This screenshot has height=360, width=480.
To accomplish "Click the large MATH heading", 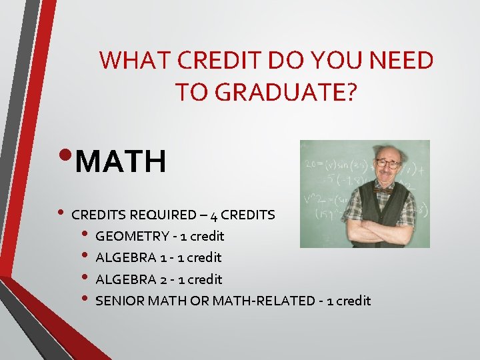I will [x=121, y=161].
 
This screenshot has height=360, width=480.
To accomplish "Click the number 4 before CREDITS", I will [x=213, y=215].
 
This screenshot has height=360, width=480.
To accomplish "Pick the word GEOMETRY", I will [x=132, y=236].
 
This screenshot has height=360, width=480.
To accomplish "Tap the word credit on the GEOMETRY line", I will [x=207, y=236].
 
